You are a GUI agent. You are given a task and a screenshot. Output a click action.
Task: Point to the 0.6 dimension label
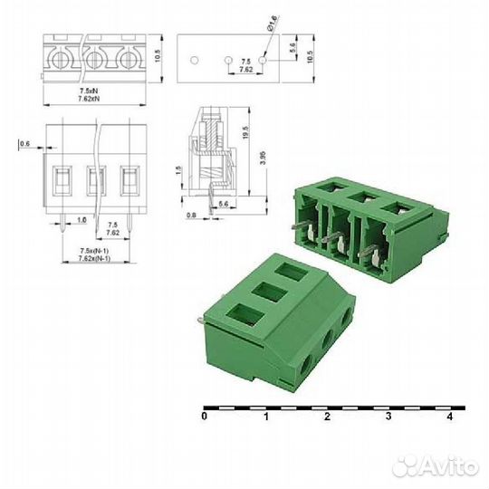click(24, 143)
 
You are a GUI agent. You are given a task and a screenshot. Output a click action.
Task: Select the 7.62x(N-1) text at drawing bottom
click(92, 257)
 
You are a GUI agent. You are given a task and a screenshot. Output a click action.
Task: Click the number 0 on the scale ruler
click(205, 417)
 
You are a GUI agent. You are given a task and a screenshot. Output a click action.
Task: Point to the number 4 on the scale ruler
click(450, 417)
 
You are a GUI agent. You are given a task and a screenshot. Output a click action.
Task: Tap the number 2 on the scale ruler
click(327, 417)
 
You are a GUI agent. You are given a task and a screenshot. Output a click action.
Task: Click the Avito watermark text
click(436, 467)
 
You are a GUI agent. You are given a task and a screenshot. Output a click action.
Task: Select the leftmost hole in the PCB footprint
click(195, 61)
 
